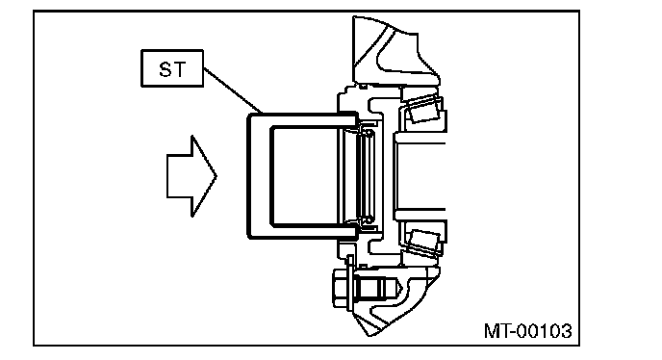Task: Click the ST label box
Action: point(172,68)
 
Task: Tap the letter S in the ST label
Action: point(165,69)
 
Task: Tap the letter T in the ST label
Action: point(179,69)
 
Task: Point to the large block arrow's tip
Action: point(216,176)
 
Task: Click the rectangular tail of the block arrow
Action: point(179,176)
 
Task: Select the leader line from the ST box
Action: point(233,90)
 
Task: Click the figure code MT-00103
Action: point(527,331)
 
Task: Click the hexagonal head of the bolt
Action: point(340,289)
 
